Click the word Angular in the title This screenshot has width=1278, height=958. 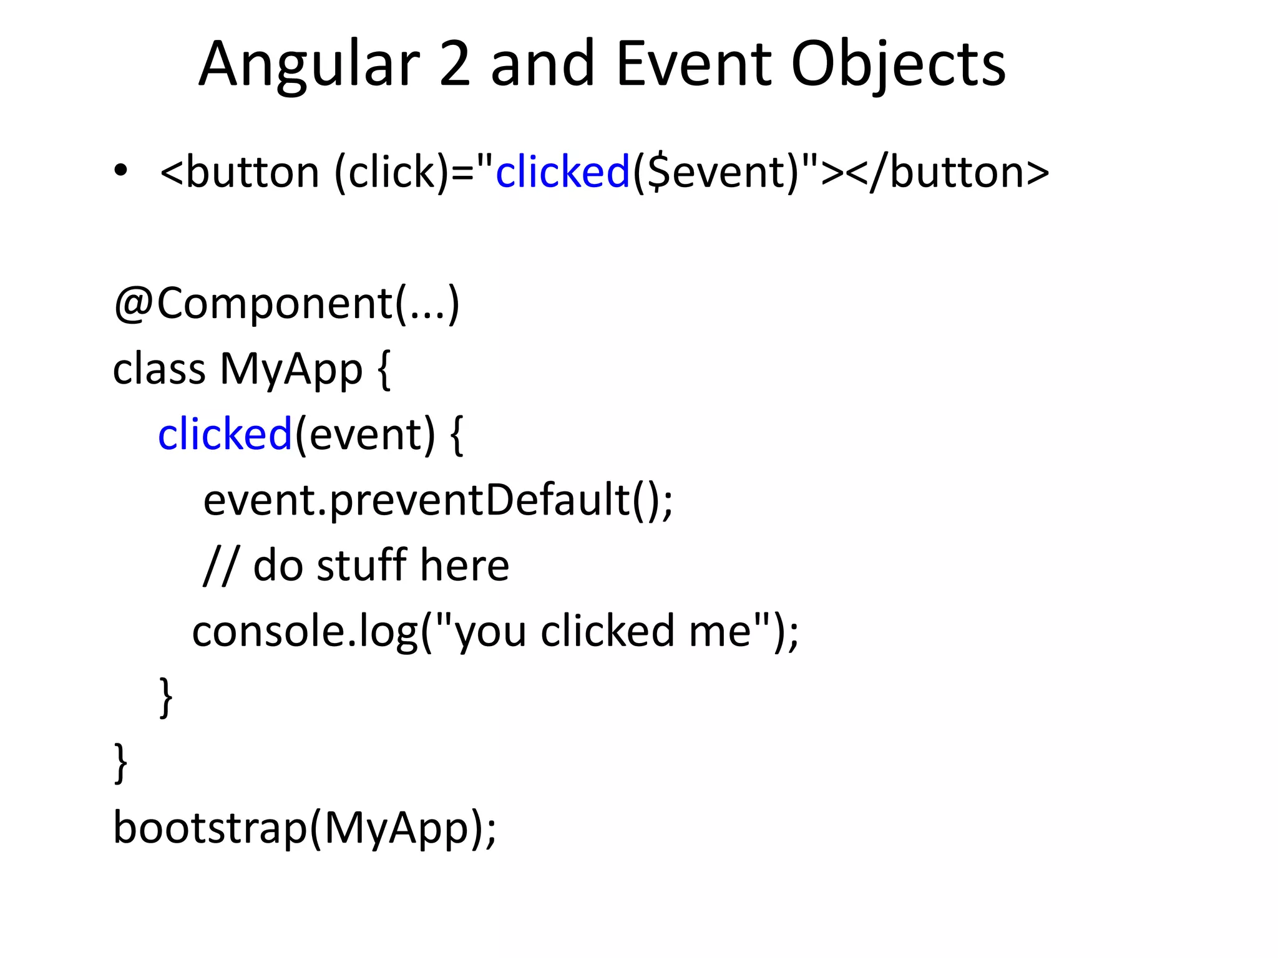point(309,64)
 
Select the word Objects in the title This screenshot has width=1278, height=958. point(898,64)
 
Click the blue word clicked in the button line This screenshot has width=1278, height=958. point(562,172)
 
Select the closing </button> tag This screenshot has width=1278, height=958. point(949,172)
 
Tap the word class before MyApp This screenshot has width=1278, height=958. point(159,369)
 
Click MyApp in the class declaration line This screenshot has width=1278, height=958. point(291,369)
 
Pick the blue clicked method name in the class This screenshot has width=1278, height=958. point(225,435)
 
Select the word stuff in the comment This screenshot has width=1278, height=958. point(362,566)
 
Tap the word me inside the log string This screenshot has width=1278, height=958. point(720,631)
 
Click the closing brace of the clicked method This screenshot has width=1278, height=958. point(166,697)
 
